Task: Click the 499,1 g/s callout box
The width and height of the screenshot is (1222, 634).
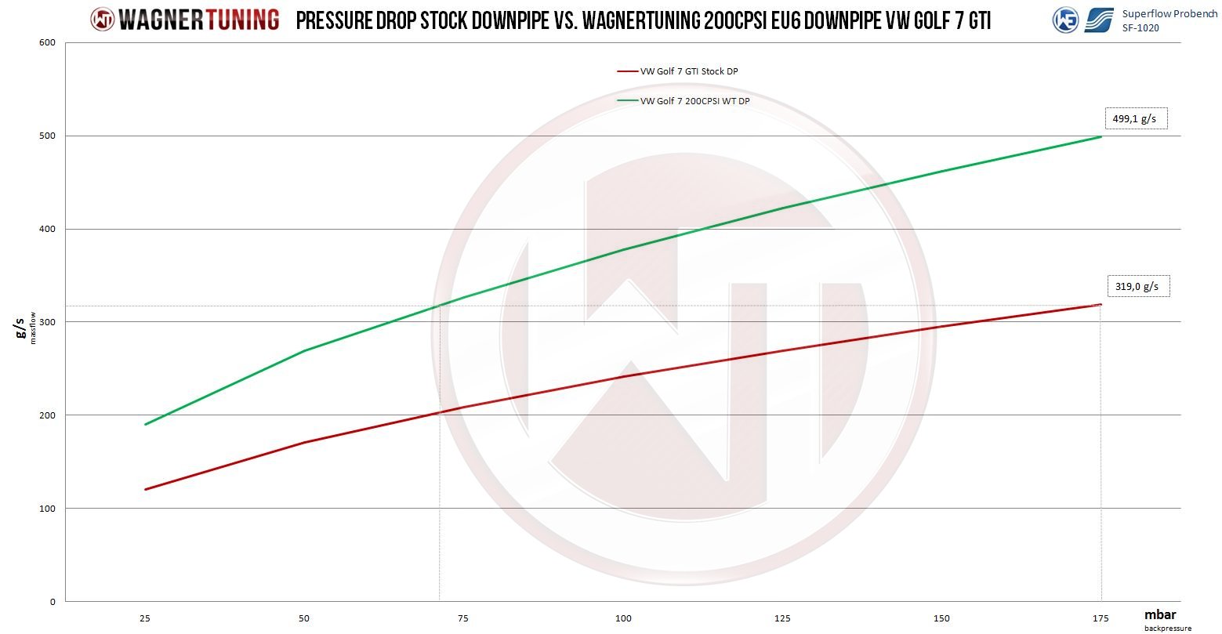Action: pos(1135,118)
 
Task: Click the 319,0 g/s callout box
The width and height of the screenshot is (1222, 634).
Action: pos(1137,287)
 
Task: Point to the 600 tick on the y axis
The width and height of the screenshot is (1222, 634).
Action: pos(48,42)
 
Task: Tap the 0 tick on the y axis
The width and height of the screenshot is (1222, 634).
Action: pos(53,602)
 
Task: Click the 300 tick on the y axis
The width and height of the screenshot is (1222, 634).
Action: pos(48,322)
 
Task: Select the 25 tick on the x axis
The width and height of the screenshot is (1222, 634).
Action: pos(145,618)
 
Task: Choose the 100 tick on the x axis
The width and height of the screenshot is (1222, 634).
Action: pos(624,618)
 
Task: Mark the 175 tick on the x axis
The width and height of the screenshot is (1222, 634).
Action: pos(1101,618)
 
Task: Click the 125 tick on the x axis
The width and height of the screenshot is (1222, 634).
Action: pos(783,618)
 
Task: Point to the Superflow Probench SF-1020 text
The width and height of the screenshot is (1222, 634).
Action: pos(1169,20)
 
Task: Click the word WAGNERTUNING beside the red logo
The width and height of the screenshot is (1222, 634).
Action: pos(199,20)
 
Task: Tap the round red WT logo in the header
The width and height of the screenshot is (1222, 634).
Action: pos(103,20)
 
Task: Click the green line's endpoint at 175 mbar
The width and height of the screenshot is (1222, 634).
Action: pos(1101,136)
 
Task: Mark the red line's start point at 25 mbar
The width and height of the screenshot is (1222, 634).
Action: pos(146,489)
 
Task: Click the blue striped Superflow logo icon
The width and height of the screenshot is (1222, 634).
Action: pos(1099,20)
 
